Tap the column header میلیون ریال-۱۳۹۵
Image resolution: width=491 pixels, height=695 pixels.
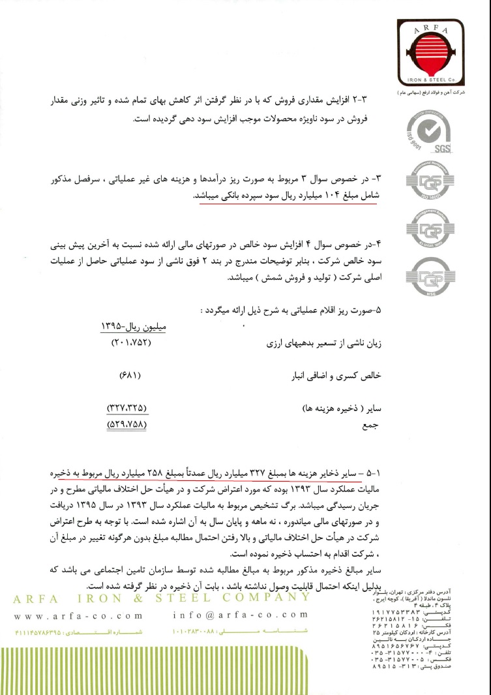(133, 326)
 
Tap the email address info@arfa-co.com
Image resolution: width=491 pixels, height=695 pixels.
(241, 615)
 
